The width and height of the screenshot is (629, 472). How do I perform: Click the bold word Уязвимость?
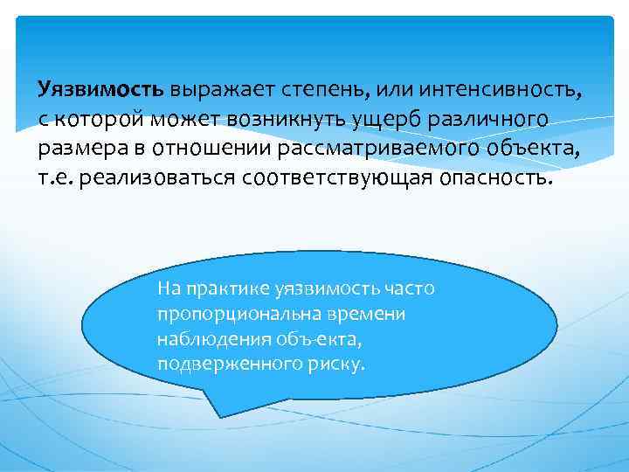point(100,90)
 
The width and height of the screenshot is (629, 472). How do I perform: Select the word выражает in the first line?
point(221,90)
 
